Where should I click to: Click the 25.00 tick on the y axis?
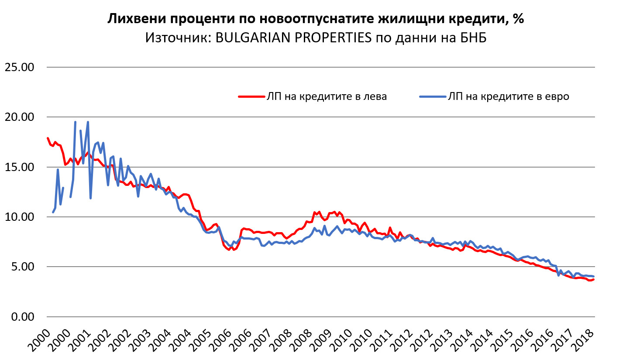coord(19,68)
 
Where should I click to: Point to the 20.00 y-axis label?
coord(19,117)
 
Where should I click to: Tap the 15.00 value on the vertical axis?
coord(19,167)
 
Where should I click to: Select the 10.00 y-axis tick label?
coord(19,217)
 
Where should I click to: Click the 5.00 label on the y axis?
coord(22,267)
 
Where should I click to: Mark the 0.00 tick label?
coord(22,317)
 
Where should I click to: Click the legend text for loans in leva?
coord(327,97)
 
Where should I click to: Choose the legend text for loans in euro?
coord(508,97)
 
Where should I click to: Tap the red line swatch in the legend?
coord(251,97)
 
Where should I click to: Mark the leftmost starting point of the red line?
coord(47,138)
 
